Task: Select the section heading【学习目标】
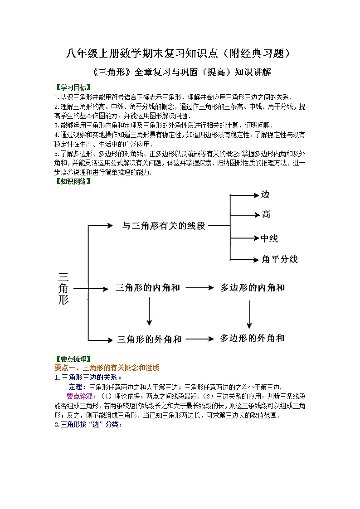(72, 87)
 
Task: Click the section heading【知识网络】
(72, 182)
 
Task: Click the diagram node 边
(265, 195)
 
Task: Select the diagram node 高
(266, 214)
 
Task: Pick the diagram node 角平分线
(279, 260)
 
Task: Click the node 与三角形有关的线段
(164, 225)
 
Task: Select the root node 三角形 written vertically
(63, 288)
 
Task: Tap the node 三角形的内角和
(148, 287)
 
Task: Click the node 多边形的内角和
(253, 287)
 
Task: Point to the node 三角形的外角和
(149, 339)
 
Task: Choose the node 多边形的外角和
(252, 338)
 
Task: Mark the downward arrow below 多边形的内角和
(249, 313)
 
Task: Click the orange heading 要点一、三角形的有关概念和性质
(107, 368)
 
